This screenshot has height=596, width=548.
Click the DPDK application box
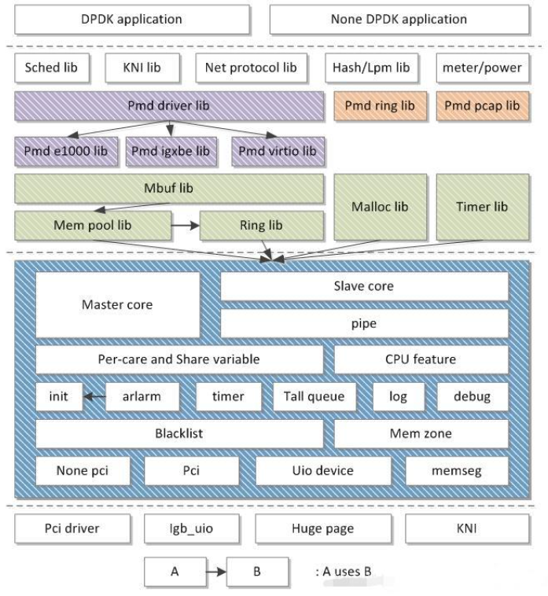click(131, 19)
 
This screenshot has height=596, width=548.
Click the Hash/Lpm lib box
click(367, 68)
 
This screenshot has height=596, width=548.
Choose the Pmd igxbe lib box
click(170, 150)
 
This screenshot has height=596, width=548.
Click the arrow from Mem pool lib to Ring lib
click(186, 225)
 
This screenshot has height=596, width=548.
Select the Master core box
click(118, 304)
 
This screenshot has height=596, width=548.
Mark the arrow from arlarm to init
click(94, 396)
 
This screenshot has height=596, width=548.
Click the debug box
click(472, 396)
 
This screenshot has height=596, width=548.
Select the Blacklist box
click(179, 432)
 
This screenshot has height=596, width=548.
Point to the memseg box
click(457, 470)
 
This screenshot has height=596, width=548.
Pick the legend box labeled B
click(256, 571)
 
